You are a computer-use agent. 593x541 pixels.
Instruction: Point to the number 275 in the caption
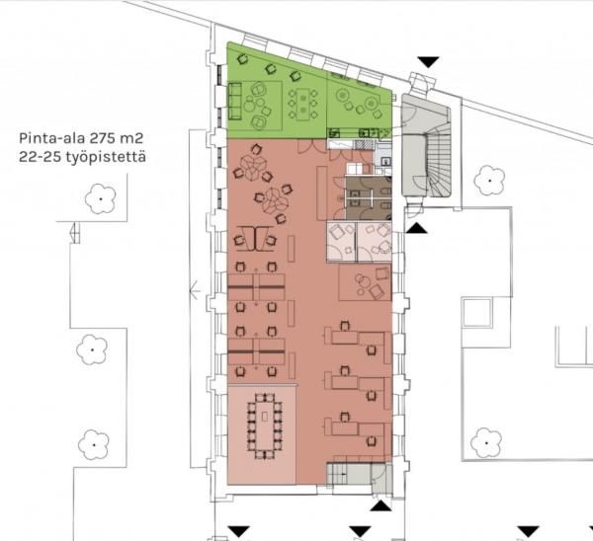[x=103, y=138]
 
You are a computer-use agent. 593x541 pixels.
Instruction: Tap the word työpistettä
[x=106, y=157]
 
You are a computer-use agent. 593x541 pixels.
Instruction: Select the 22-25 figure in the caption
[x=41, y=157]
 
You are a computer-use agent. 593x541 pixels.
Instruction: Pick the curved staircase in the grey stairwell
[x=439, y=159]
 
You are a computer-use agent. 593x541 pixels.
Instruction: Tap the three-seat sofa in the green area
[x=235, y=102]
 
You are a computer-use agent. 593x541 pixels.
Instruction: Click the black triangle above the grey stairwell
[x=428, y=62]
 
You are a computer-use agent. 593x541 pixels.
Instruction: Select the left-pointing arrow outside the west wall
[x=195, y=291]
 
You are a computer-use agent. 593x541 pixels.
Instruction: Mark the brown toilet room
[x=369, y=197]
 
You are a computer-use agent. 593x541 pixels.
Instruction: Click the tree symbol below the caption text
[x=100, y=198]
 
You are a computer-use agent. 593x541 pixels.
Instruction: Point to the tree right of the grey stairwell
[x=490, y=181]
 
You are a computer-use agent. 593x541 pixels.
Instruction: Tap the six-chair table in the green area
[x=303, y=103]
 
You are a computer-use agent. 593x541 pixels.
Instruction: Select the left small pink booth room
[x=341, y=242]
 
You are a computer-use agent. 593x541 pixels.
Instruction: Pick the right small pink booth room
[x=375, y=242]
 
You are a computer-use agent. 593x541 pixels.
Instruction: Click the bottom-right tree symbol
[x=486, y=443]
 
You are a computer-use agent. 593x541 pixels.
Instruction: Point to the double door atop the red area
[x=311, y=146]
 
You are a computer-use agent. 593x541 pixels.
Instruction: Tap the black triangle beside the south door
[x=381, y=505]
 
